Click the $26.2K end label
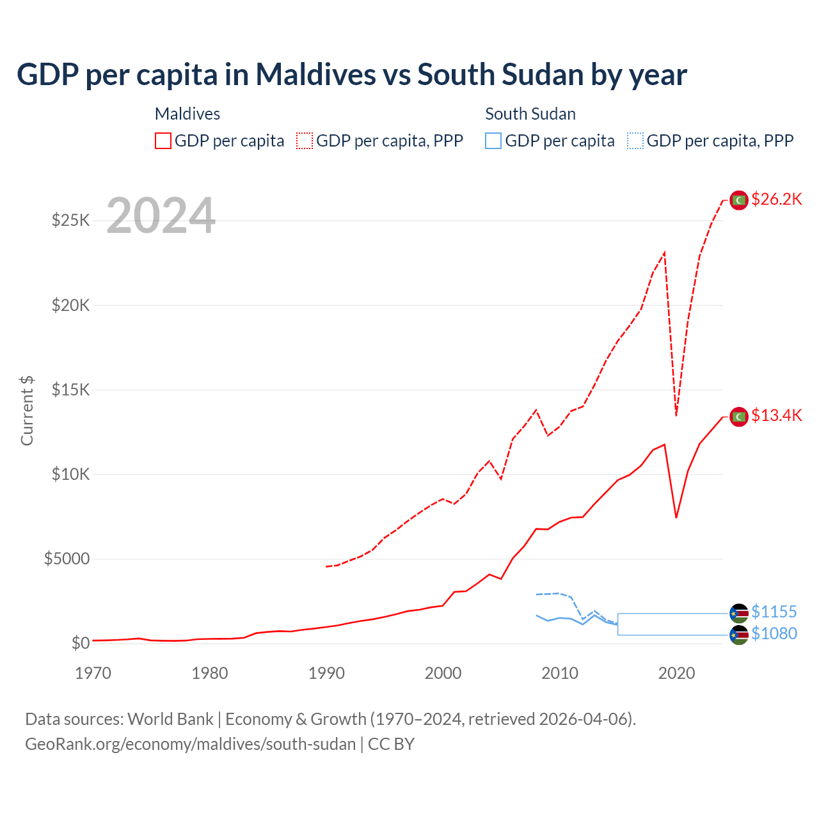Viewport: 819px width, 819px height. coord(776,200)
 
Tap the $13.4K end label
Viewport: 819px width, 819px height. coord(776,416)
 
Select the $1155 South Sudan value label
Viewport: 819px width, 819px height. coord(774,612)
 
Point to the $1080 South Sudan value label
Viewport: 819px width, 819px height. coord(774,634)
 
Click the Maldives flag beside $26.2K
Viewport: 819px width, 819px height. coord(739,200)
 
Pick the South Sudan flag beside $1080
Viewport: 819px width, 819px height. coord(739,635)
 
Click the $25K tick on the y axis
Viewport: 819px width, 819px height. coord(71,221)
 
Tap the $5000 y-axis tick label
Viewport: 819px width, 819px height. coord(67,559)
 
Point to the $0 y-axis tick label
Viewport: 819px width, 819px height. coord(80,643)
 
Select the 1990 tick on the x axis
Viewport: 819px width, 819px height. coord(326,673)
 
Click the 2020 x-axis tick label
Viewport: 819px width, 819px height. coord(676,673)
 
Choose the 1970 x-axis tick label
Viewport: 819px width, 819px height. coord(93,673)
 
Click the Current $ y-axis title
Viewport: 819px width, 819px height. coord(27,411)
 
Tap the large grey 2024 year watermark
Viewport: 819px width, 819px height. coord(161,216)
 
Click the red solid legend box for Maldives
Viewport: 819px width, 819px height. coord(163,141)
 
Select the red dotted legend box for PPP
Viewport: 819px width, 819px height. coord(305,141)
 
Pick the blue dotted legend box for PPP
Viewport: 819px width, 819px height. coord(635,141)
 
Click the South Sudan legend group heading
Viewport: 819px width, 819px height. coord(530,114)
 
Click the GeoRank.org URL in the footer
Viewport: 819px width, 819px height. coord(190,744)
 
